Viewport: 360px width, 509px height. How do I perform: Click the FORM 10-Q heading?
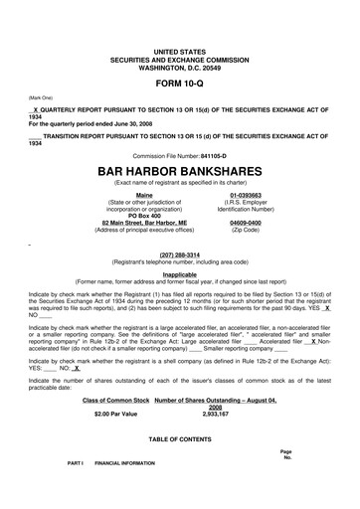tap(179, 83)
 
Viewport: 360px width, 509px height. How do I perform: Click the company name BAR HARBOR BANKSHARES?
tap(179, 170)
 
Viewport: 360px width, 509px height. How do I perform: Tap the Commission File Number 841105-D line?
tap(179, 156)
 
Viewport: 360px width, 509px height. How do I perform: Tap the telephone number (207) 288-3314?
tap(179, 254)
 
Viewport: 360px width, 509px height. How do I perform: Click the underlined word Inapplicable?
tap(179, 273)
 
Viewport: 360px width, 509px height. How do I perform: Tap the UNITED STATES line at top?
tap(179, 50)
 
